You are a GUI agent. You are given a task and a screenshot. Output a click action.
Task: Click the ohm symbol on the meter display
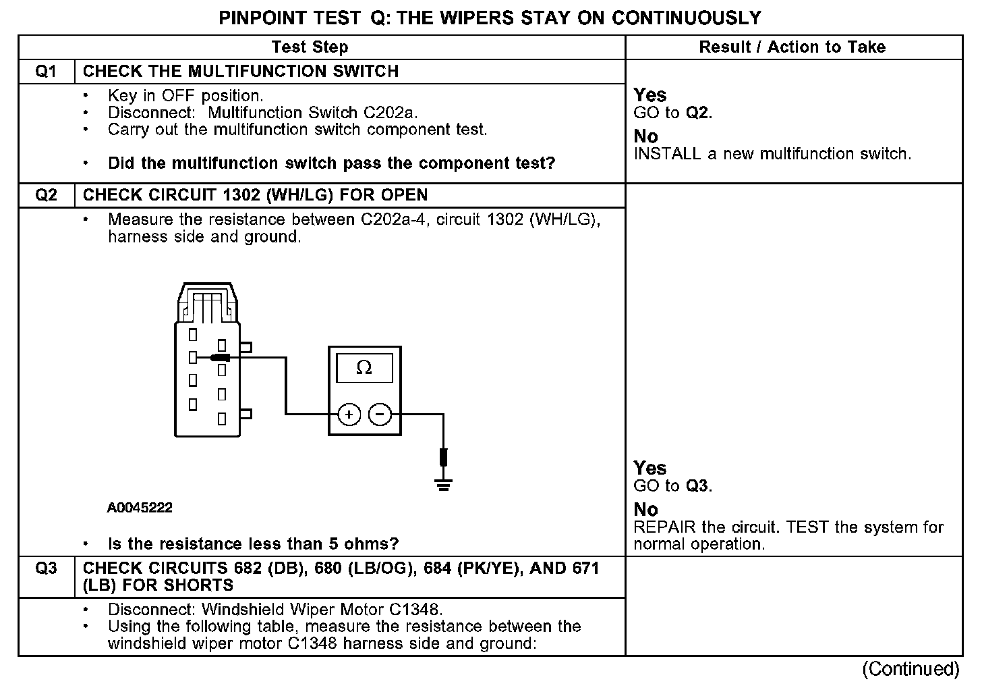pos(364,367)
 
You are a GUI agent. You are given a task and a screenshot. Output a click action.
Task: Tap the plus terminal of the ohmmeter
pos(349,414)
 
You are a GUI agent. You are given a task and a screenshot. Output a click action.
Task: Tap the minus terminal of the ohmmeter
pos(380,414)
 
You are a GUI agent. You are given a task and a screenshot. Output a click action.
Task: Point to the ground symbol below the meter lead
pos(443,484)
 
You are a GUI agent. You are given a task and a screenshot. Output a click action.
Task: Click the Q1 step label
pos(46,72)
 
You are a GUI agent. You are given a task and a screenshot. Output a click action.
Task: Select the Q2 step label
pos(46,195)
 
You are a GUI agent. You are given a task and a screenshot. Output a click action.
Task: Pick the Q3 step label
pos(46,568)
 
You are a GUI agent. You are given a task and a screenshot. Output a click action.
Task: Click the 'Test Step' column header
pos(310,47)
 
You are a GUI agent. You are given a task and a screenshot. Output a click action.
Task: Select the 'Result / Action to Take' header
pos(792,47)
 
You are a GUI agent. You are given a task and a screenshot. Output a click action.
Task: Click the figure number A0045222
pos(140,508)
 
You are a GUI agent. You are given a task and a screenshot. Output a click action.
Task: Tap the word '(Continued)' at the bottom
pos(911,669)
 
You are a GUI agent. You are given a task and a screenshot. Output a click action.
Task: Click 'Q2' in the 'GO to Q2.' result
pos(697,113)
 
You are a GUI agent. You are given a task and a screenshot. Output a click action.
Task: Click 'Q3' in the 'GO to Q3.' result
pos(697,486)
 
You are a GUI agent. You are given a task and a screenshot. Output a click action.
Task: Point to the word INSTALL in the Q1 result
pos(667,154)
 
